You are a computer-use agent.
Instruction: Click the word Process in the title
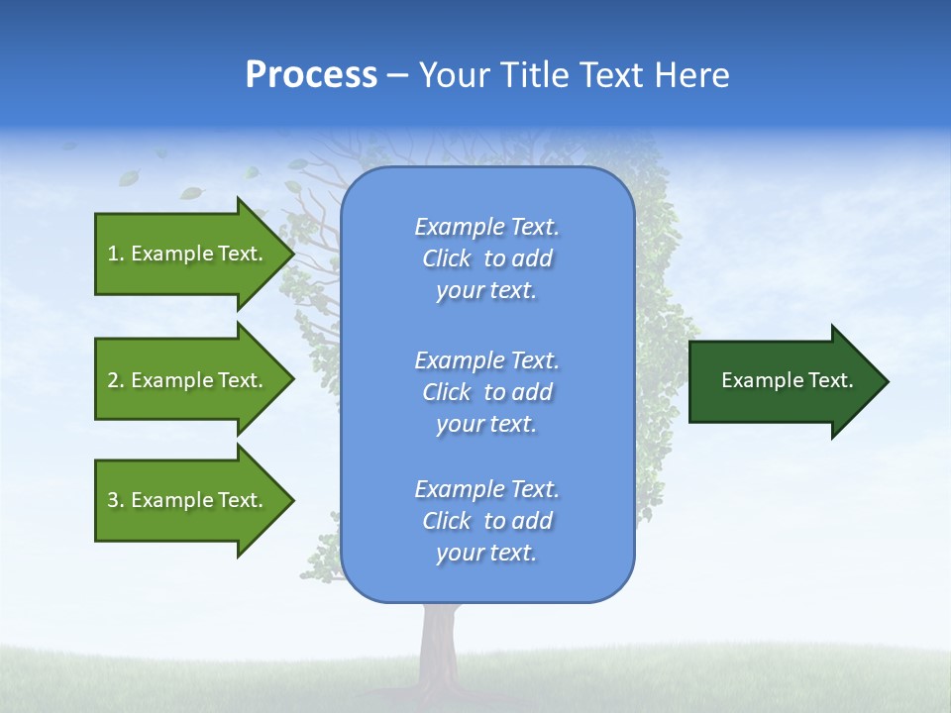[311, 74]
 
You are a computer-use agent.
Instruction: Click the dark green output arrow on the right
[783, 380]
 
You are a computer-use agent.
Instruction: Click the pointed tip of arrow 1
[291, 254]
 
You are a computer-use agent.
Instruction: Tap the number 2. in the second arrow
[116, 380]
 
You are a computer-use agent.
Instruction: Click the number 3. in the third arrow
[116, 500]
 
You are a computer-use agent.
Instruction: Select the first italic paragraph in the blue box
[486, 258]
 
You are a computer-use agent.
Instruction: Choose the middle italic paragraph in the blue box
[486, 392]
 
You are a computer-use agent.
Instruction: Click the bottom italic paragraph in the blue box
[486, 521]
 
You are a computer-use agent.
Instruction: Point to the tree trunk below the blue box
[437, 644]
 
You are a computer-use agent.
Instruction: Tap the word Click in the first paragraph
[447, 258]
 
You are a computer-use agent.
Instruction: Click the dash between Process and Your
[397, 75]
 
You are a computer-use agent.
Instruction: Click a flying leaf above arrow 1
[191, 192]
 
